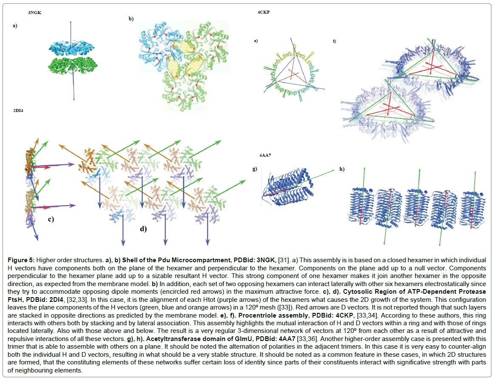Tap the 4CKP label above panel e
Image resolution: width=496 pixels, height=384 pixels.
pyautogui.click(x=264, y=12)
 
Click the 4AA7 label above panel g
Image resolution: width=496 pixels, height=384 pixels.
pyautogui.click(x=265, y=155)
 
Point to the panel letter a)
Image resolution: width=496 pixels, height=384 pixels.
pyautogui.click(x=15, y=26)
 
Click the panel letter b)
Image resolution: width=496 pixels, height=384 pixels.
pyautogui.click(x=131, y=19)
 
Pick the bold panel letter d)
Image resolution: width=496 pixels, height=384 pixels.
pyautogui.click(x=144, y=229)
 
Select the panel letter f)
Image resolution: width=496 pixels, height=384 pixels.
pyautogui.click(x=334, y=41)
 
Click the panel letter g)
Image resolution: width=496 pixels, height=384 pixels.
pyautogui.click(x=255, y=169)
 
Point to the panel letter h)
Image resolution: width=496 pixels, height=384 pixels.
pyautogui.click(x=341, y=169)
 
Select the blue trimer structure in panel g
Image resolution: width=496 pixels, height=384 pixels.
pyautogui.click(x=289, y=186)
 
